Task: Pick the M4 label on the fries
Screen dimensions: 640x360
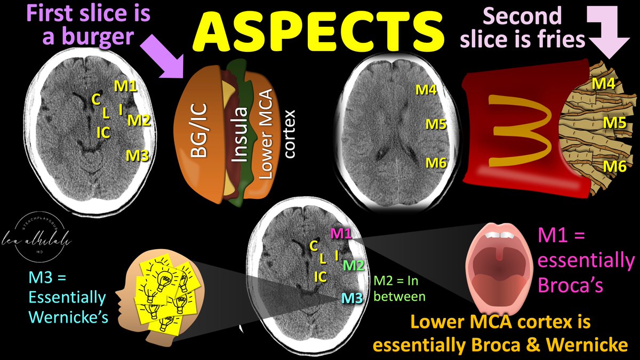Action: [x=604, y=84]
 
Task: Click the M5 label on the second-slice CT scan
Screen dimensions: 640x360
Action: [x=435, y=125]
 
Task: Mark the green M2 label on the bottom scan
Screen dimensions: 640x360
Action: [x=353, y=265]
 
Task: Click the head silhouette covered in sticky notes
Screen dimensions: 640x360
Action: [x=155, y=290]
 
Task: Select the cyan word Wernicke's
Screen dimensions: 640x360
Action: [x=69, y=316]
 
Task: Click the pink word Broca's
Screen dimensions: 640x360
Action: [x=571, y=285]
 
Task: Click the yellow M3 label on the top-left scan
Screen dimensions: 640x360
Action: [x=137, y=155]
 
